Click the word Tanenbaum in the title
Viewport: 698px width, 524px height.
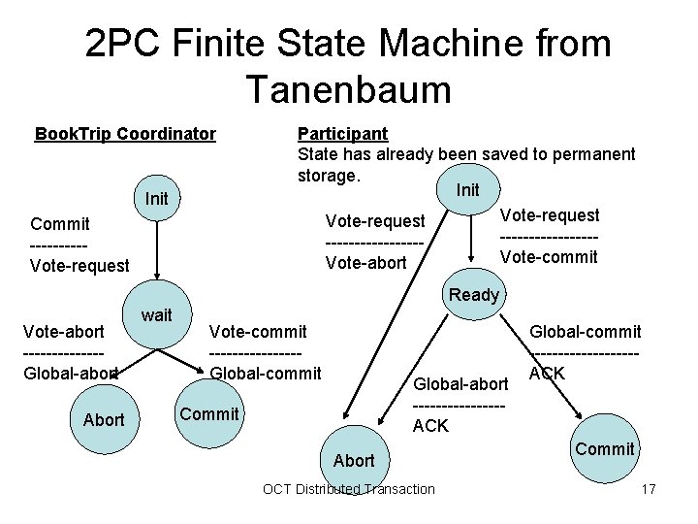348,89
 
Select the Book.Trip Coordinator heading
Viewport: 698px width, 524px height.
125,134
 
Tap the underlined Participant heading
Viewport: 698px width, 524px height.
342,133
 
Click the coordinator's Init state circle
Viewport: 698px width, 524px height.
157,199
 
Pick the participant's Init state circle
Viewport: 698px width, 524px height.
468,189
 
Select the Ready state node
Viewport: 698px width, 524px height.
474,295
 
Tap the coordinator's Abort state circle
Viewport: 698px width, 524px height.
104,419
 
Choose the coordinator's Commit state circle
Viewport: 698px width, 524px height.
209,414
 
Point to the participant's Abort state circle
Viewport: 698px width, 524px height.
353,460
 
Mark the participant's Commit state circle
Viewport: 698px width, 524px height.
605,448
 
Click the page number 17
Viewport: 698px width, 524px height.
649,489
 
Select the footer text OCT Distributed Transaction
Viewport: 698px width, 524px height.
349,489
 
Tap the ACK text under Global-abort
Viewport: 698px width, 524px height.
430,425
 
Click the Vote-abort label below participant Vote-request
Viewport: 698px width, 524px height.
366,263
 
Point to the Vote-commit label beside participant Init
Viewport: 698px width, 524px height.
549,257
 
